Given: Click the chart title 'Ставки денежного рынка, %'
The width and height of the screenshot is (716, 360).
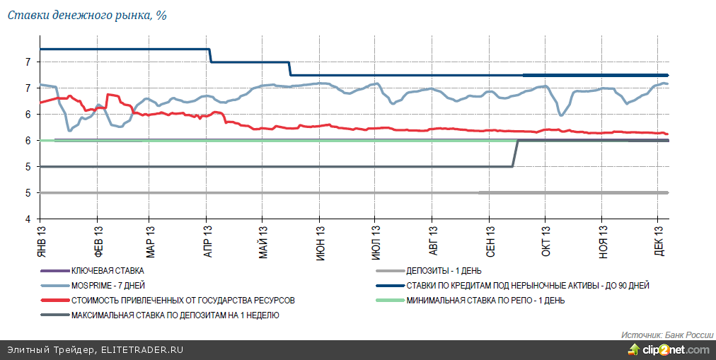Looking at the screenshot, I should pyautogui.click(x=87, y=15).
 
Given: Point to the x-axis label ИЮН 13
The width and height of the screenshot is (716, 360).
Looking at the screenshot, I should pyautogui.click(x=321, y=240).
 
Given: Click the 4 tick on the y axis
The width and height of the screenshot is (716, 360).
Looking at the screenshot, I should pyautogui.click(x=28, y=219).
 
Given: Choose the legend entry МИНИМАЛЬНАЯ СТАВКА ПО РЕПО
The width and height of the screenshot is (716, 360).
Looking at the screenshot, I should pyautogui.click(x=485, y=300).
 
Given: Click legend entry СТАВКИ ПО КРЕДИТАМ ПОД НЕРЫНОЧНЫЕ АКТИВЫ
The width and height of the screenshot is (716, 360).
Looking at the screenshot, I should pyautogui.click(x=527, y=285).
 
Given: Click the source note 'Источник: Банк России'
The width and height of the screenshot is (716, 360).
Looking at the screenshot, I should pyautogui.click(x=666, y=334).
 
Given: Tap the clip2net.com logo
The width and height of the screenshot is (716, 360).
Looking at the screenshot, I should pyautogui.click(x=668, y=349).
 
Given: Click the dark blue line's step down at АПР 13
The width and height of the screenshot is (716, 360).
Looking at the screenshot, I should pyautogui.click(x=211, y=56).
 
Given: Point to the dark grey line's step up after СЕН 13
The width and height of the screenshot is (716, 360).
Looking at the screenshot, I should pyautogui.click(x=516, y=153).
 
